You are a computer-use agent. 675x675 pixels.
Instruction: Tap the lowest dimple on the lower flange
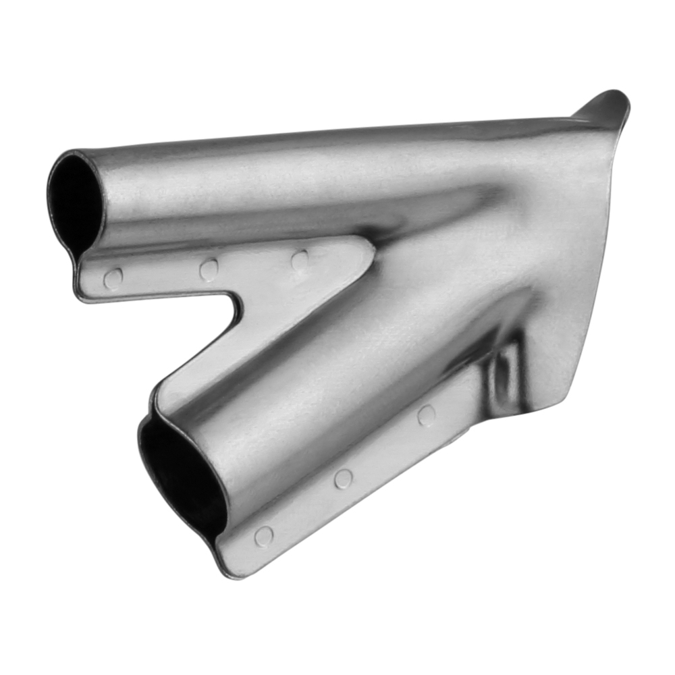(x=264, y=537)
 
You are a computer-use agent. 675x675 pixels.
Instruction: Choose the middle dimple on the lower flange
(x=344, y=479)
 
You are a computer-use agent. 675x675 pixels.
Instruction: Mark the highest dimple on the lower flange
(x=426, y=415)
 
